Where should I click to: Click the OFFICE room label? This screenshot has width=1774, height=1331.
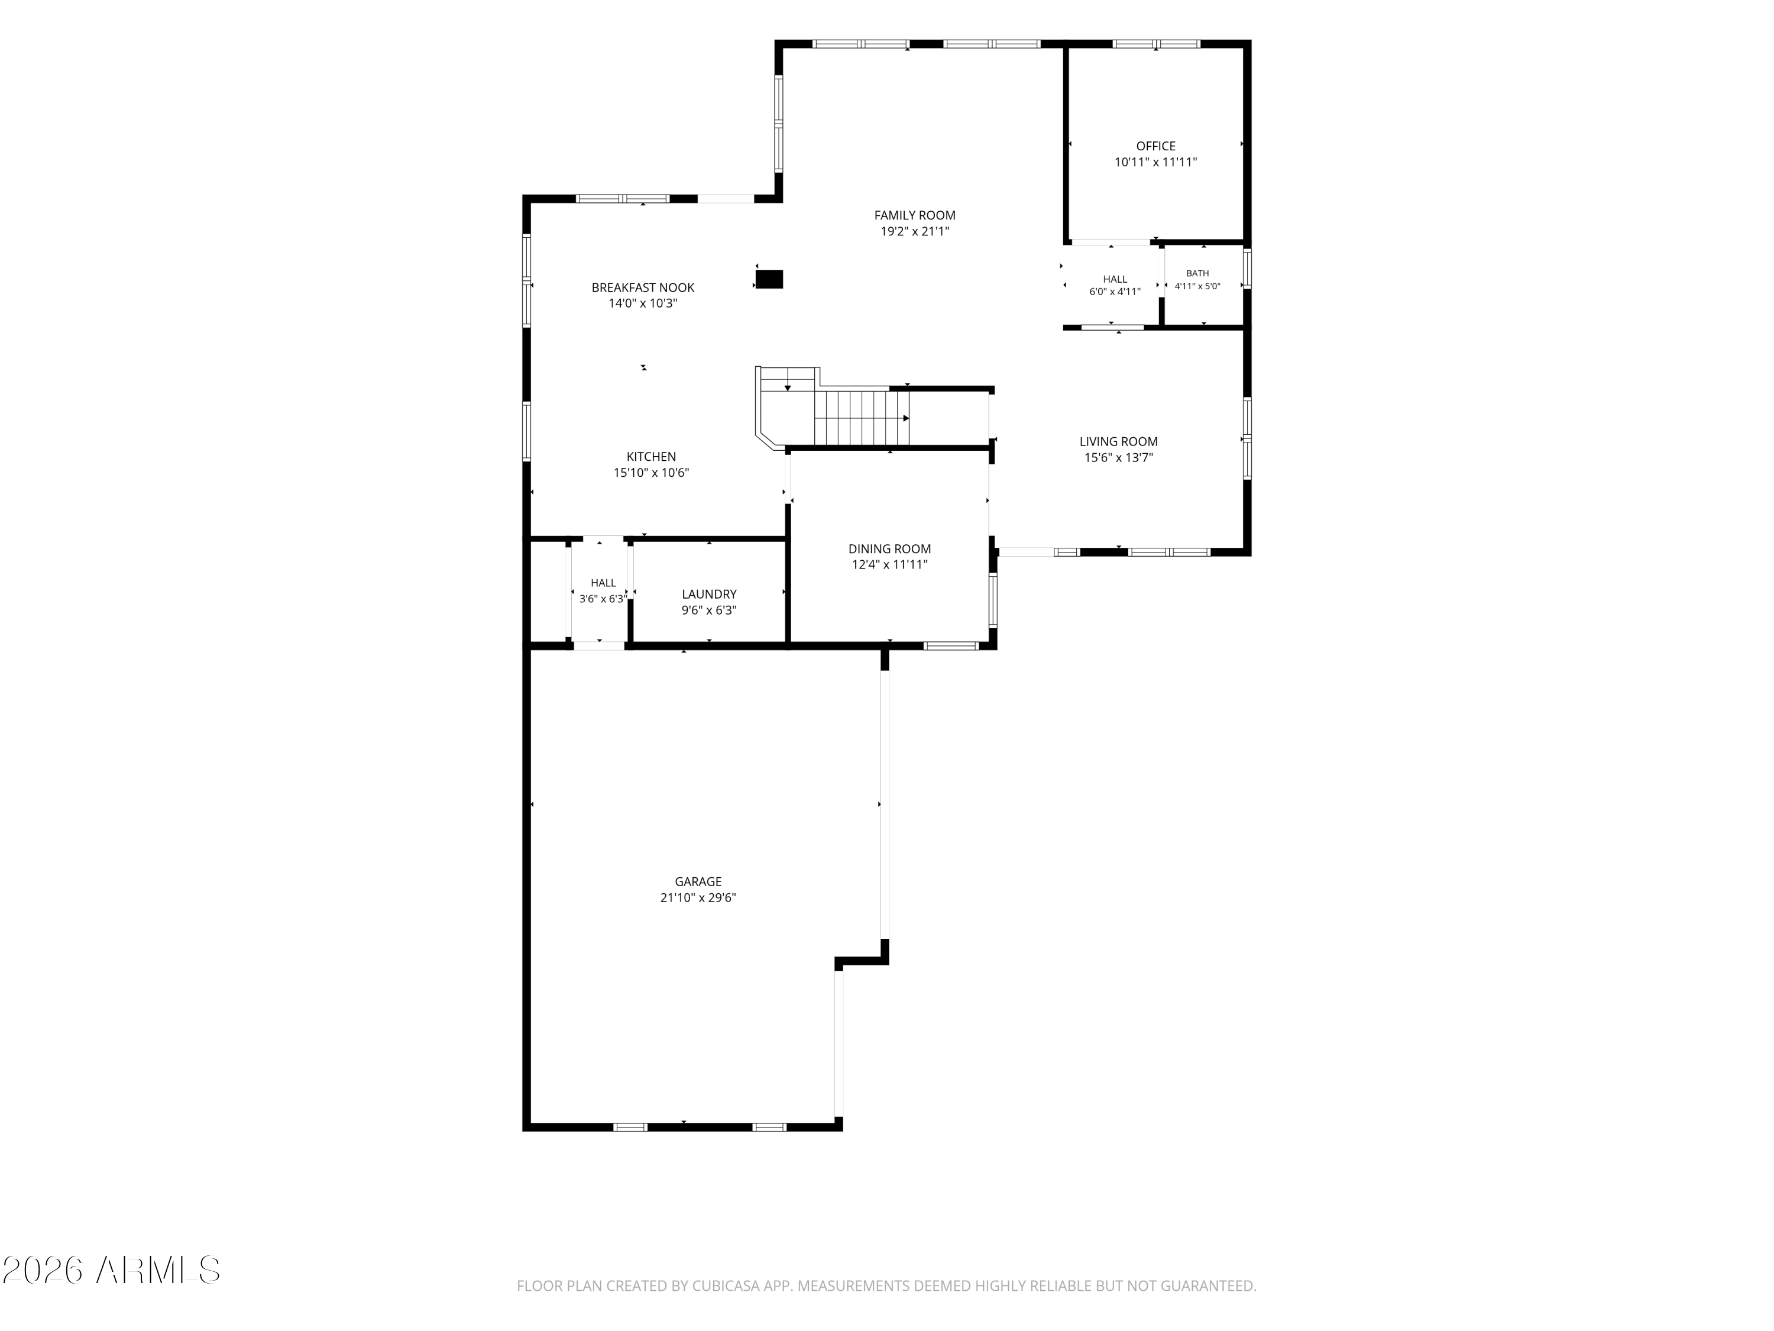tap(1155, 146)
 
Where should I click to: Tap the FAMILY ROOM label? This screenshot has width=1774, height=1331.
tap(914, 215)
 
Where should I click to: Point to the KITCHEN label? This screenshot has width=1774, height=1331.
tap(650, 457)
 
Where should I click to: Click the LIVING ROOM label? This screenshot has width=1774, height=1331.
tap(1118, 441)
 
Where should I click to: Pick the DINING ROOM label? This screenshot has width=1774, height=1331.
tap(889, 549)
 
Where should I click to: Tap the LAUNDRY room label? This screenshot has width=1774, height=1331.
tap(709, 594)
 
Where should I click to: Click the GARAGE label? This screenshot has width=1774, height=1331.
tap(698, 881)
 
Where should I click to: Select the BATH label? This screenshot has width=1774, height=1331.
tap(1197, 273)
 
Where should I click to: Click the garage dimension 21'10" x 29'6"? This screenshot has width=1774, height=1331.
tap(698, 898)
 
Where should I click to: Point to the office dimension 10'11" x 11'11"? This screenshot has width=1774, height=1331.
tap(1155, 162)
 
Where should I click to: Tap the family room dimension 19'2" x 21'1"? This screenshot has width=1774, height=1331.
tap(914, 231)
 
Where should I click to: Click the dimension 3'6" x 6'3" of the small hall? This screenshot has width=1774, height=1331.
tap(603, 599)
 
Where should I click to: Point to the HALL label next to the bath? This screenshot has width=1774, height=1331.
tap(1115, 279)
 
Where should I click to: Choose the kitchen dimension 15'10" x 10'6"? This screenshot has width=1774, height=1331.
tap(650, 473)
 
